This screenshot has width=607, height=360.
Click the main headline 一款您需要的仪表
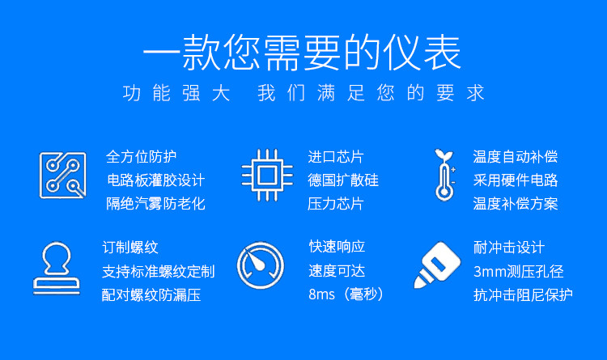click(x=302, y=53)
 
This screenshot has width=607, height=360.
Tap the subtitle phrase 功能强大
click(x=176, y=93)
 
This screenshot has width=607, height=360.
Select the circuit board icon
click(x=62, y=176)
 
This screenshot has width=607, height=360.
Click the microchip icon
click(x=267, y=176)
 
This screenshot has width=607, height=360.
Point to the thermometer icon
click(x=445, y=175)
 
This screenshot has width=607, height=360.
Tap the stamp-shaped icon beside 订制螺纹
click(x=57, y=269)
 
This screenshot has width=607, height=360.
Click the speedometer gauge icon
click(x=261, y=265)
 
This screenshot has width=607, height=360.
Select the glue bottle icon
click(x=437, y=265)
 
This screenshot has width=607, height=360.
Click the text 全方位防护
click(x=142, y=157)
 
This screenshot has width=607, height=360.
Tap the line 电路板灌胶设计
click(x=155, y=180)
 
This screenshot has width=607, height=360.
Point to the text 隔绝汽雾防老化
click(x=155, y=204)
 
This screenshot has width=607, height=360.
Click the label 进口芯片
click(x=336, y=157)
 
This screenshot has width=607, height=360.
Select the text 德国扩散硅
click(x=343, y=180)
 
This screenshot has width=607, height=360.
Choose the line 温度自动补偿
click(x=516, y=157)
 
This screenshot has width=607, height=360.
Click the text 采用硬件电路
click(x=516, y=180)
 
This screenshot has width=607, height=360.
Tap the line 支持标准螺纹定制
click(x=159, y=271)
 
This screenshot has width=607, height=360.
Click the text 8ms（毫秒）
click(x=346, y=294)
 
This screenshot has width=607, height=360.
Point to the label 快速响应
click(x=337, y=247)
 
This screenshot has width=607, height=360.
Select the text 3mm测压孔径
click(x=518, y=271)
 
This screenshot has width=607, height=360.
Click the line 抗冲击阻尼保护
click(x=523, y=295)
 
